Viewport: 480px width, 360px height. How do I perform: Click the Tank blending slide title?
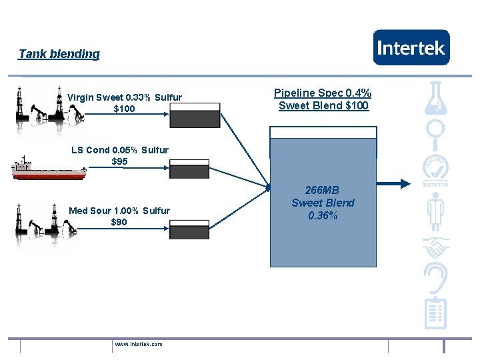coord(59,54)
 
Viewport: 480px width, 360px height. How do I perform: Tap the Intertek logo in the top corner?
coord(411,47)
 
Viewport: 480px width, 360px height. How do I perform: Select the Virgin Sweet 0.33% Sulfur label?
coord(125,97)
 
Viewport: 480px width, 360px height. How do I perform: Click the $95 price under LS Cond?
coord(119,161)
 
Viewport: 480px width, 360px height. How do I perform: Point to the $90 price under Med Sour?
coord(119,222)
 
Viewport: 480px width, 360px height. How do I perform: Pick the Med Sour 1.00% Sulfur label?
coord(119,211)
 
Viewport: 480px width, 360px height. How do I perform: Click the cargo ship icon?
coord(49,170)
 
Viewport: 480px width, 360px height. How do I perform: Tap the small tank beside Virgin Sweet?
coord(195,115)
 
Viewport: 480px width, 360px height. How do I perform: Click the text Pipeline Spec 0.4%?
coord(323,93)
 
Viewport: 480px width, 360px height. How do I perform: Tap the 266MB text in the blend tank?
coord(323,191)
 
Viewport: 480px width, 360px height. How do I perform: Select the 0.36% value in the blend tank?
coord(323,215)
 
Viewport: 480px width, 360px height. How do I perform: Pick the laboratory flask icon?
coord(436,97)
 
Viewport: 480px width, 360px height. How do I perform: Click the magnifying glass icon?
coord(436,134)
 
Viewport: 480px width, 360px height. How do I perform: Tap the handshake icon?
coord(436,248)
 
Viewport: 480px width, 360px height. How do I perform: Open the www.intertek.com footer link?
coord(139,344)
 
